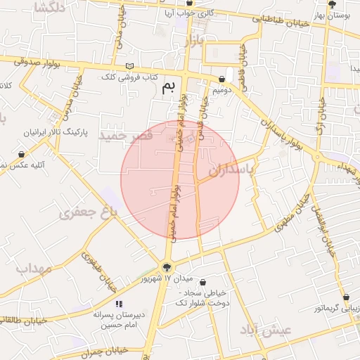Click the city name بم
coord(167,87)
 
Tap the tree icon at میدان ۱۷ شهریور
coord(167,266)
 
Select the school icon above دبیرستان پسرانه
coord(119,304)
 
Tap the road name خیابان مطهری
coord(289,212)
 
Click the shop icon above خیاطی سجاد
coord(202,282)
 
